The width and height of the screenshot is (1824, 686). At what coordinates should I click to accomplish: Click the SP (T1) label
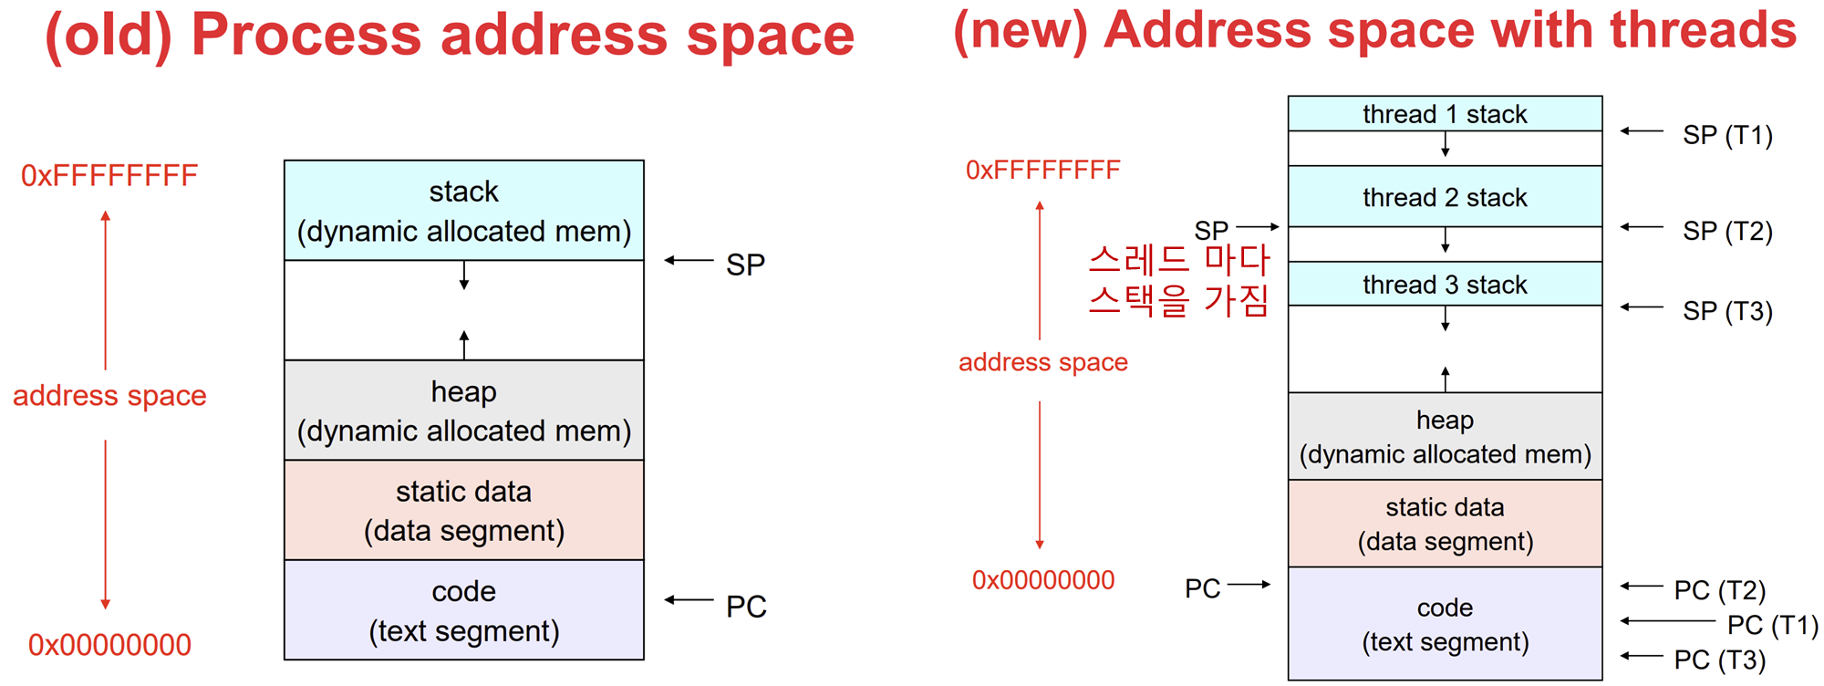[1727, 135]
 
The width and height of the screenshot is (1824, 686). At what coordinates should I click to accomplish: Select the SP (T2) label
[1727, 231]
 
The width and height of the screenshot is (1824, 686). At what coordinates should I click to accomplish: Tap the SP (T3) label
[1727, 311]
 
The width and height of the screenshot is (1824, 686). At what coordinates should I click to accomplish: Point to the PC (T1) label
[1772, 625]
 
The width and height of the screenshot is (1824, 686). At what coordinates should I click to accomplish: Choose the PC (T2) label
[1719, 590]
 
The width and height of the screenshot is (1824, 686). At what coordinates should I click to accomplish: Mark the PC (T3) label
[1719, 659]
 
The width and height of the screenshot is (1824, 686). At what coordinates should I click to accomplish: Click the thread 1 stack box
[1445, 114]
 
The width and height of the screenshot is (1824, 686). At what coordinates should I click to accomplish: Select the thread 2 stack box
[1445, 197]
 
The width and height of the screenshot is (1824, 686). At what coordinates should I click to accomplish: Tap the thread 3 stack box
[1445, 285]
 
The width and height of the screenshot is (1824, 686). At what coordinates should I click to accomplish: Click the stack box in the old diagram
[463, 211]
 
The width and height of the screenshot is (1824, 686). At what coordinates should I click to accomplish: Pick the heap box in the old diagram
[463, 411]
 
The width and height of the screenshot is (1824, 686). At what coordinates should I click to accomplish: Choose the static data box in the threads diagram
[1445, 524]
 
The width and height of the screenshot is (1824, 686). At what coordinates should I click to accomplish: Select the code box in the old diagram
[463, 610]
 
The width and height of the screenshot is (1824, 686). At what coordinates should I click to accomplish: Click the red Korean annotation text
[1178, 279]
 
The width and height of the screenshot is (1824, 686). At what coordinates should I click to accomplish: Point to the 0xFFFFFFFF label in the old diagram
[109, 175]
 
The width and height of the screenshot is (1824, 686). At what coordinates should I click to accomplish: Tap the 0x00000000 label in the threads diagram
[1043, 580]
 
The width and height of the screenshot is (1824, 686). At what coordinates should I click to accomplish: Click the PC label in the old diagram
[746, 607]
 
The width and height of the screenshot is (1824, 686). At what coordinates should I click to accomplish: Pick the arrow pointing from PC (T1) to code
[1667, 621]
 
